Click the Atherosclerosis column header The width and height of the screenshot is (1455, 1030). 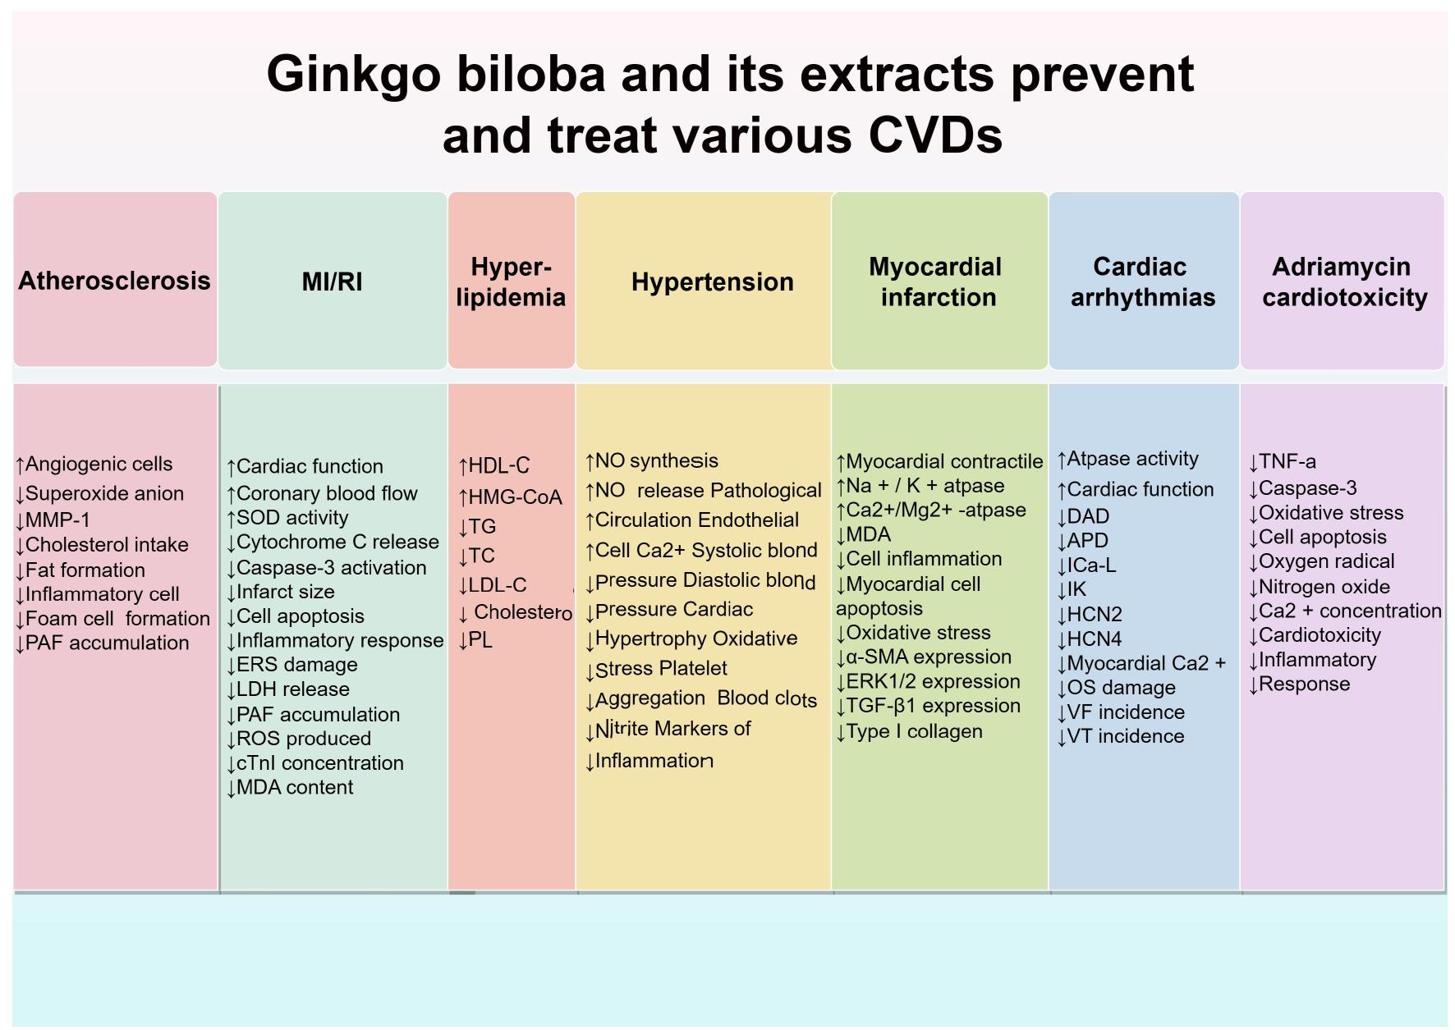click(114, 281)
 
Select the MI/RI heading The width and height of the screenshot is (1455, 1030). click(332, 282)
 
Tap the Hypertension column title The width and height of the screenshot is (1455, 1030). click(712, 282)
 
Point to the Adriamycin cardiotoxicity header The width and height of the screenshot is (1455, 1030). click(1344, 282)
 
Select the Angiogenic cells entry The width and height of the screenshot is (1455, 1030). click(94, 465)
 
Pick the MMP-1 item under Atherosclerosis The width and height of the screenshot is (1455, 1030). click(53, 520)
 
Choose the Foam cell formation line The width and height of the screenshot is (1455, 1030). click(112, 619)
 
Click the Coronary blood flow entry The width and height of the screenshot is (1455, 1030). click(322, 493)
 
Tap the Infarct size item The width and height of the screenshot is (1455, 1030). click(280, 592)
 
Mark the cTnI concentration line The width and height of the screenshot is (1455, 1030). click(314, 763)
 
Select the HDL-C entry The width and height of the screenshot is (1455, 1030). click(494, 466)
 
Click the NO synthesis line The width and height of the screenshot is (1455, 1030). click(652, 461)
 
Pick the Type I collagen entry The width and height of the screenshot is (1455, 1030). click(909, 731)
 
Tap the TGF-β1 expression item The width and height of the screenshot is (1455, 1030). click(928, 706)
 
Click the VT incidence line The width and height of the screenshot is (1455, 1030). click(1121, 736)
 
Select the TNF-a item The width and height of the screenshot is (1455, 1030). click(1282, 462)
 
